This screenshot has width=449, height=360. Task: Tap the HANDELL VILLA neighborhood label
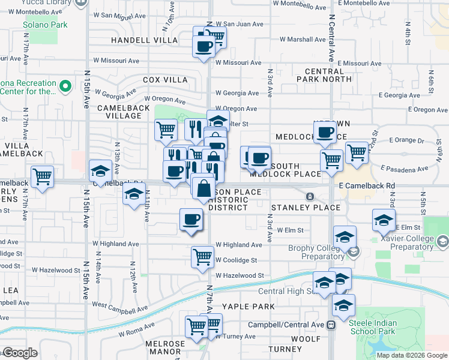point(145,40)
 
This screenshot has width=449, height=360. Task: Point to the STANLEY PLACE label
point(306,208)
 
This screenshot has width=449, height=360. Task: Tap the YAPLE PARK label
point(248,306)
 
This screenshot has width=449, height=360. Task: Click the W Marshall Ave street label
point(303,40)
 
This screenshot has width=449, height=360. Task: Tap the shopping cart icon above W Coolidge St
point(202,256)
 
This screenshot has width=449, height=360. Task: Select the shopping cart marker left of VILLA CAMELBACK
point(42,177)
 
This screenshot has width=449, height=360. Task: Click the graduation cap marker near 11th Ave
point(134,193)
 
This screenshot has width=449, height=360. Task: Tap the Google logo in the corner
point(20,353)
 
